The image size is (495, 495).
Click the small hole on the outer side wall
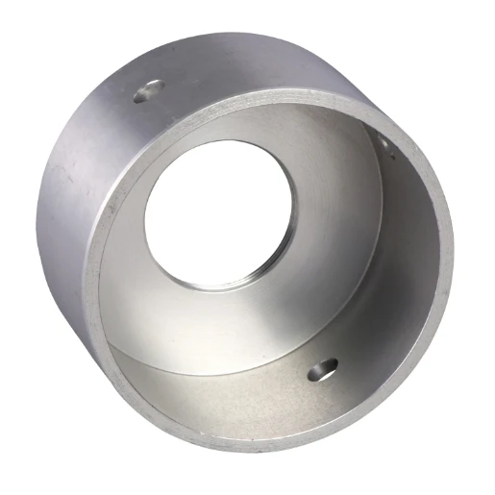click(x=149, y=91)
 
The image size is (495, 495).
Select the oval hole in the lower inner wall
click(x=323, y=367)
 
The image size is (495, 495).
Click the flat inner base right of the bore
click(x=327, y=240)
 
